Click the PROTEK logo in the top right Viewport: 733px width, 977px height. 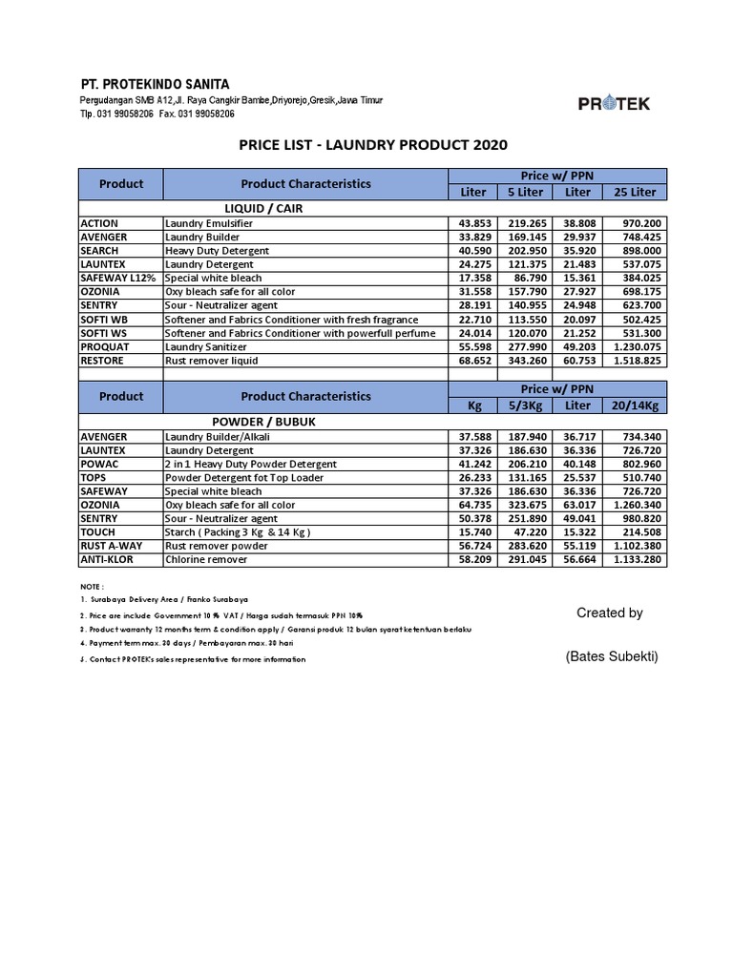click(614, 104)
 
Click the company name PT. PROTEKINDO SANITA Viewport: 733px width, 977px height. click(155, 84)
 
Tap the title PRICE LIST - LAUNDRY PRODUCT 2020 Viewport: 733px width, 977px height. click(372, 145)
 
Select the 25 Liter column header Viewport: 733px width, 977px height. click(635, 192)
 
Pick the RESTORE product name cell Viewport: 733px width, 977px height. click(104, 361)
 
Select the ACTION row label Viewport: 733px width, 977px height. click(100, 222)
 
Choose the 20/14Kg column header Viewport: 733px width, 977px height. click(635, 405)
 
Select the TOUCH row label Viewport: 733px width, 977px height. click(98, 532)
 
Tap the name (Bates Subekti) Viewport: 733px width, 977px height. click(610, 656)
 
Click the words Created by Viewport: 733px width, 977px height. click(610, 613)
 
